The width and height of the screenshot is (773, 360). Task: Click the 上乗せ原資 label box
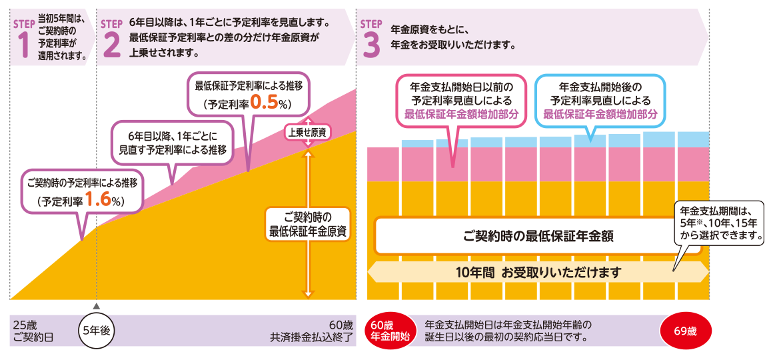click(x=307, y=132)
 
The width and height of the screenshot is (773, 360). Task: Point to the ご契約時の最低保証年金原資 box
click(x=307, y=224)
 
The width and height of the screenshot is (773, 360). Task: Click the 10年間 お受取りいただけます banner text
click(x=538, y=272)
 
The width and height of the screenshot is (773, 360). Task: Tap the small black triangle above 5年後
click(x=97, y=306)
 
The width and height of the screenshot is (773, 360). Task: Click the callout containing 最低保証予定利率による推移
click(x=249, y=95)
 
